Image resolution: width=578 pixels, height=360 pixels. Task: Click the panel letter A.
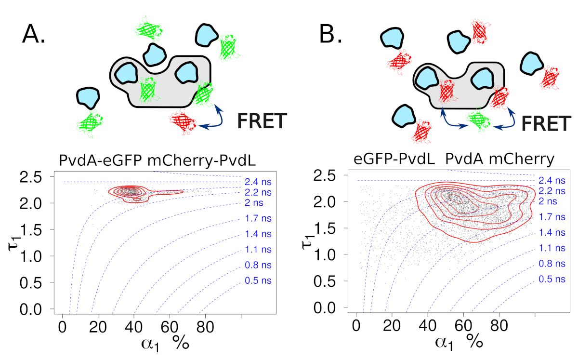pos(33,35)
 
